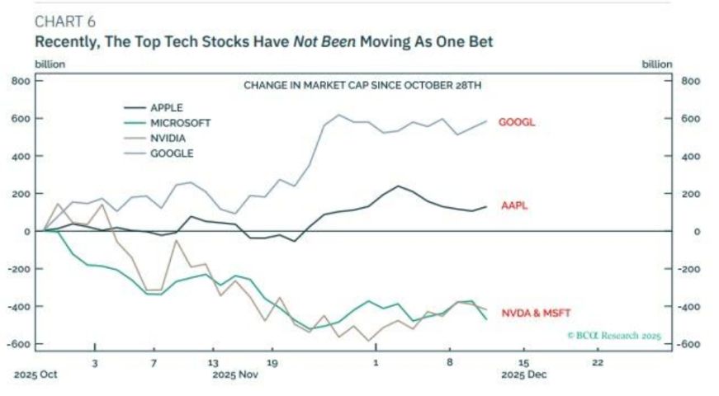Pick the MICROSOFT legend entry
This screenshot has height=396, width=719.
[180, 123]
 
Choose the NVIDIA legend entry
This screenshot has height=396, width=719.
[168, 138]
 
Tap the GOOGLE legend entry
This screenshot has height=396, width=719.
[171, 153]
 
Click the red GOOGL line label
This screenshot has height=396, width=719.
[518, 122]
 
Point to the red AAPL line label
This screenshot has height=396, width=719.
[514, 205]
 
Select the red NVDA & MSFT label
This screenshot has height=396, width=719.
[536, 313]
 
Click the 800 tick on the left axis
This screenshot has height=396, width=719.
[21, 81]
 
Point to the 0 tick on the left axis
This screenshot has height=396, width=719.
[27, 231]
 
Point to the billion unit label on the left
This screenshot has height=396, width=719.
[49, 64]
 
